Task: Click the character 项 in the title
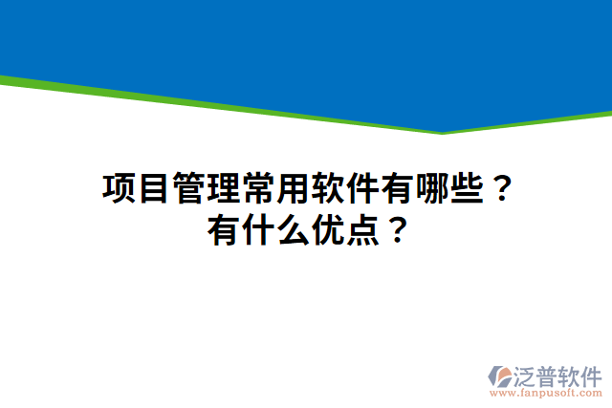coord(119,188)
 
